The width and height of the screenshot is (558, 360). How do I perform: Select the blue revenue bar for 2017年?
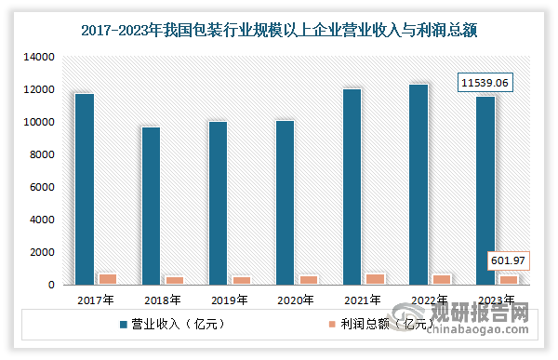point(85,190)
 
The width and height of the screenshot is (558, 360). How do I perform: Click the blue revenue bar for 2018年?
point(151,206)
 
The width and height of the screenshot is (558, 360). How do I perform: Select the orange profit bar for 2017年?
point(108,279)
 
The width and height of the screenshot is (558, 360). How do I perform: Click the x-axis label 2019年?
point(228,300)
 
